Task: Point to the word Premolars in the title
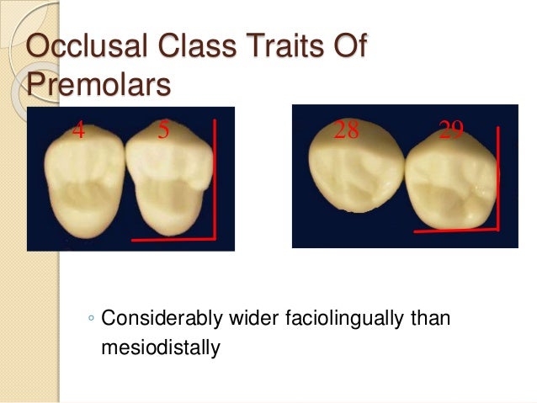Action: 98,85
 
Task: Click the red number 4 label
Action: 77,130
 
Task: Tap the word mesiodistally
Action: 159,346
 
